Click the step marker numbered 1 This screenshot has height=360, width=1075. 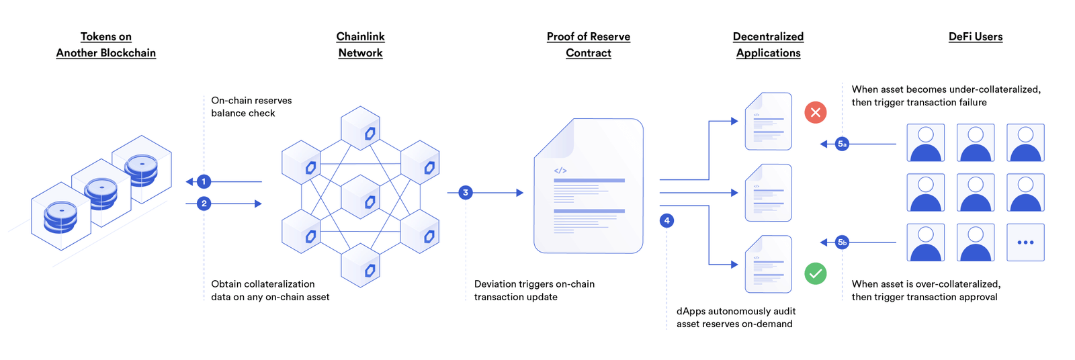(x=204, y=181)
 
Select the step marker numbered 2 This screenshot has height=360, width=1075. (x=204, y=204)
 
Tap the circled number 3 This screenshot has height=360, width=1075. (x=465, y=193)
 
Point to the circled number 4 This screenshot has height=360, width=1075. (x=666, y=220)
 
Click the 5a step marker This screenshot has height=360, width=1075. (x=842, y=144)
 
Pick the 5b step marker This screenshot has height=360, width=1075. (x=842, y=242)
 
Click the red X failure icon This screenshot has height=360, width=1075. (x=816, y=112)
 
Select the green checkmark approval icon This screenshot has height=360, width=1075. (x=816, y=273)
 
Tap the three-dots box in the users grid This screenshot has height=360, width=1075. (x=1025, y=242)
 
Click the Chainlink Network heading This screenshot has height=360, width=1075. (x=360, y=44)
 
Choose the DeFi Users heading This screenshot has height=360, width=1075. (x=975, y=37)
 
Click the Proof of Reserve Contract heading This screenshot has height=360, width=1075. (x=588, y=44)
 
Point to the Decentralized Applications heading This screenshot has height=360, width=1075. (x=768, y=44)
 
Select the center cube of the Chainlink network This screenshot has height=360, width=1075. (x=361, y=197)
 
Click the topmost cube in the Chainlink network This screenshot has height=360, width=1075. (x=361, y=128)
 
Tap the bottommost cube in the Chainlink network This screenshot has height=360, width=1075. (x=361, y=266)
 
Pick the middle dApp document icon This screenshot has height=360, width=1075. (x=768, y=193)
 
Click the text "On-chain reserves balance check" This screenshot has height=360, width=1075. (x=251, y=107)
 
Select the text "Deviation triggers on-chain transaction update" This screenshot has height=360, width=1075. (x=534, y=290)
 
